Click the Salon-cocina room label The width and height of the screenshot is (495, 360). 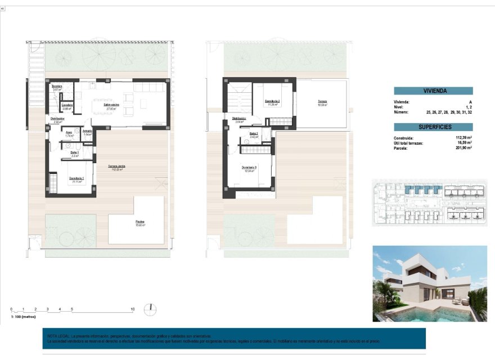tap(111, 105)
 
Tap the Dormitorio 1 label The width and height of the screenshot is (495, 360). tap(76, 178)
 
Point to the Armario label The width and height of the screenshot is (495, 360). tap(87, 132)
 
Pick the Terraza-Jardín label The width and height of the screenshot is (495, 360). tap(117, 166)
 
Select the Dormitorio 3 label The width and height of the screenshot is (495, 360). tap(250, 167)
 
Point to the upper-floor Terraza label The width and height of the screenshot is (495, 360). tap(322, 102)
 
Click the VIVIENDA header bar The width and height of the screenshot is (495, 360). tap(433, 91)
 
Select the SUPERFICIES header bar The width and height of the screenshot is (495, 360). tap(433, 127)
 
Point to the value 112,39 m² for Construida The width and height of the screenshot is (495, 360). tap(460, 138)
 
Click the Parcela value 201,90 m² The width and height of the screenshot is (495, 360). tap(460, 148)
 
